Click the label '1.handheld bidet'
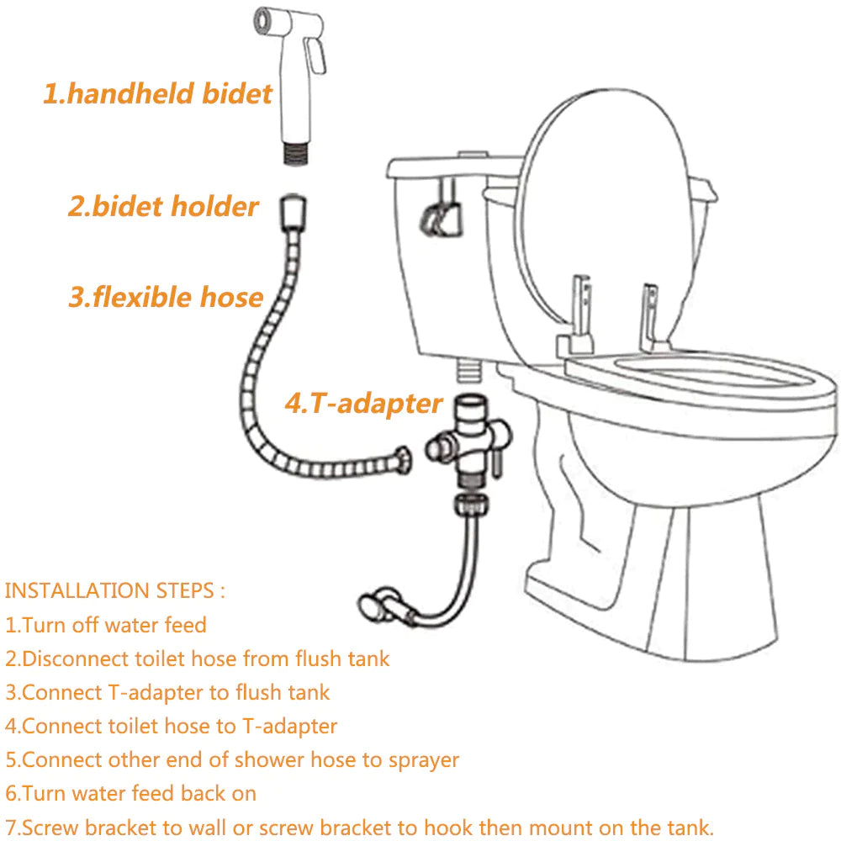tap(158, 93)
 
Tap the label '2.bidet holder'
tap(163, 206)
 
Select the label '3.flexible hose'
tap(166, 296)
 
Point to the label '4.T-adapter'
tap(363, 403)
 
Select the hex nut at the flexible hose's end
tap(403, 458)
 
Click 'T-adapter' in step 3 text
tap(151, 692)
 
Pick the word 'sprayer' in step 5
tap(424, 759)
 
